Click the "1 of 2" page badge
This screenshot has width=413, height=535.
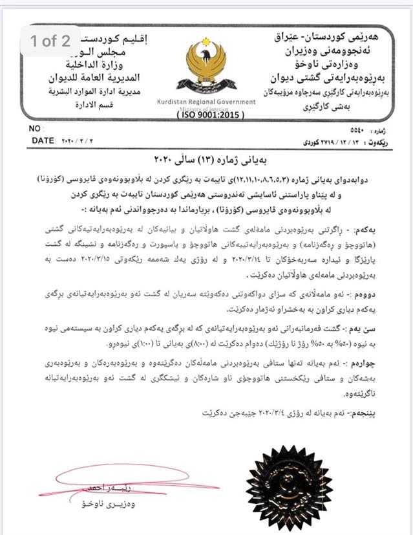[x=50, y=41]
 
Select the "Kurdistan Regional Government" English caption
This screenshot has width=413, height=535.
[x=205, y=102]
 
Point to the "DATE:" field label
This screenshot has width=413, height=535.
[x=43, y=140]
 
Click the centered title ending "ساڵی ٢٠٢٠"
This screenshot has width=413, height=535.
[x=206, y=158]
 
